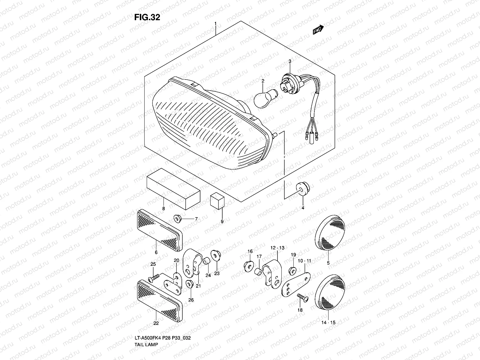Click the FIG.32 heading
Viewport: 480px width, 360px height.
[x=147, y=17]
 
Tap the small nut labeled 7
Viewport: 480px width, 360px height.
[x=173, y=188]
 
